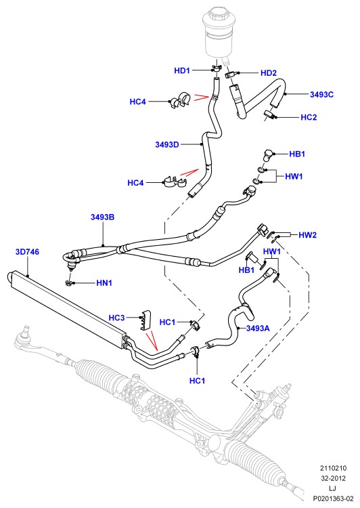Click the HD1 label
tap(182, 70)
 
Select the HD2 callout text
tap(269, 73)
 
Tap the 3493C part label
tap(321, 95)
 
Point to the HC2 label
tap(309, 117)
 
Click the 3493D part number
tap(167, 144)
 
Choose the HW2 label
tap(307, 235)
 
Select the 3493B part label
tap(102, 217)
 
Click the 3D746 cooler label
tap(27, 252)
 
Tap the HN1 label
tap(104, 283)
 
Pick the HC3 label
tap(116, 318)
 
